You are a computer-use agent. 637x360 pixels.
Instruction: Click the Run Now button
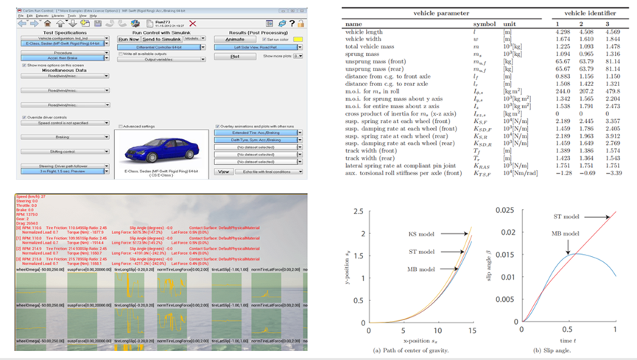(130, 39)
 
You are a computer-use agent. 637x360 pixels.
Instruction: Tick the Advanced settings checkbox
(120, 127)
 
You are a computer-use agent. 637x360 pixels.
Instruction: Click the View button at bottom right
(224, 172)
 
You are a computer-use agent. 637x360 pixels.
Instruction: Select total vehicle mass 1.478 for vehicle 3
(613, 46)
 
